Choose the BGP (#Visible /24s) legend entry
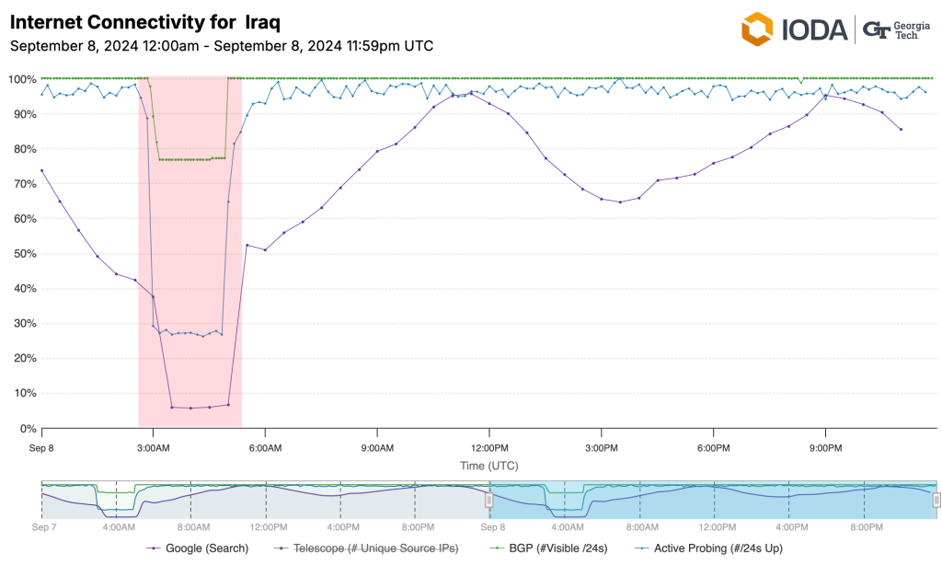pos(548,549)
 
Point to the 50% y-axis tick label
pos(22,253)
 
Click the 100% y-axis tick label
pos(19,79)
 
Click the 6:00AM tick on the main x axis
pos(265,448)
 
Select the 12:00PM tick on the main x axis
pos(489,448)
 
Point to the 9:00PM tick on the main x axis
pos(825,448)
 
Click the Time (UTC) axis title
pos(489,467)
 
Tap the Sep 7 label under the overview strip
pos(43,528)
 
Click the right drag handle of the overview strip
pos(936,500)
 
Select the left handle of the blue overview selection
pos(489,500)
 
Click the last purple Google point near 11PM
pos(901,130)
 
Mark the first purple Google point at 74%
pos(41,170)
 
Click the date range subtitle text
pos(221,45)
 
